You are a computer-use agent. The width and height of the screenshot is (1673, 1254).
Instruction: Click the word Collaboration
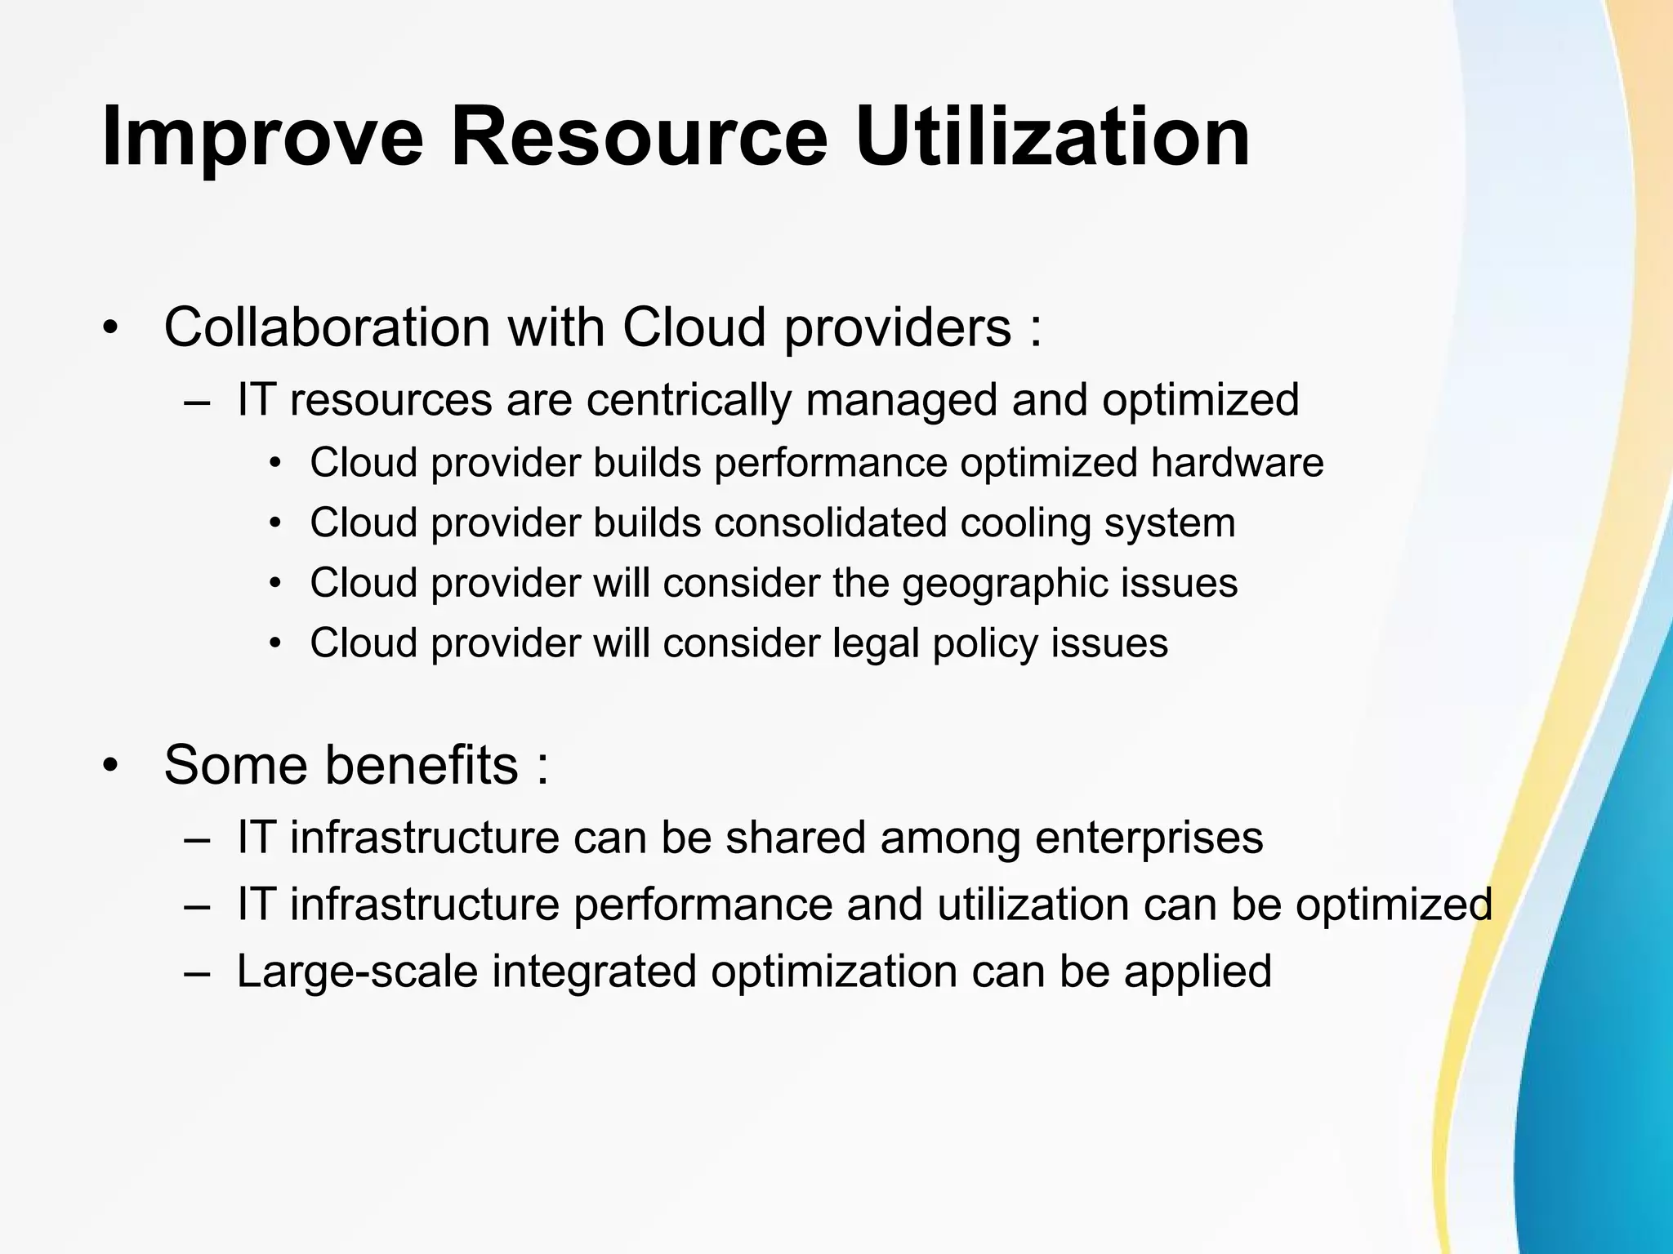tap(327, 327)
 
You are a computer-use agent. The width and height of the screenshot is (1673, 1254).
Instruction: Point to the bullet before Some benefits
tap(110, 765)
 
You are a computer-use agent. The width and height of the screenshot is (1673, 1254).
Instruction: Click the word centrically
tap(689, 400)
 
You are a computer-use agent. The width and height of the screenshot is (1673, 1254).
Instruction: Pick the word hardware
tap(1237, 463)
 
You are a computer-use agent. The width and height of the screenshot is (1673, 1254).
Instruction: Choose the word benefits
tap(422, 765)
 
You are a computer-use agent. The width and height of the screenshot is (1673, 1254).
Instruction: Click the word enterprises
tap(1149, 838)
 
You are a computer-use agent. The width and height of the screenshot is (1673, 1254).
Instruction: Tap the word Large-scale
tap(357, 972)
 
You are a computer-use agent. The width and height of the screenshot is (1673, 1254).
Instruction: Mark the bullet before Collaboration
tap(110, 328)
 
